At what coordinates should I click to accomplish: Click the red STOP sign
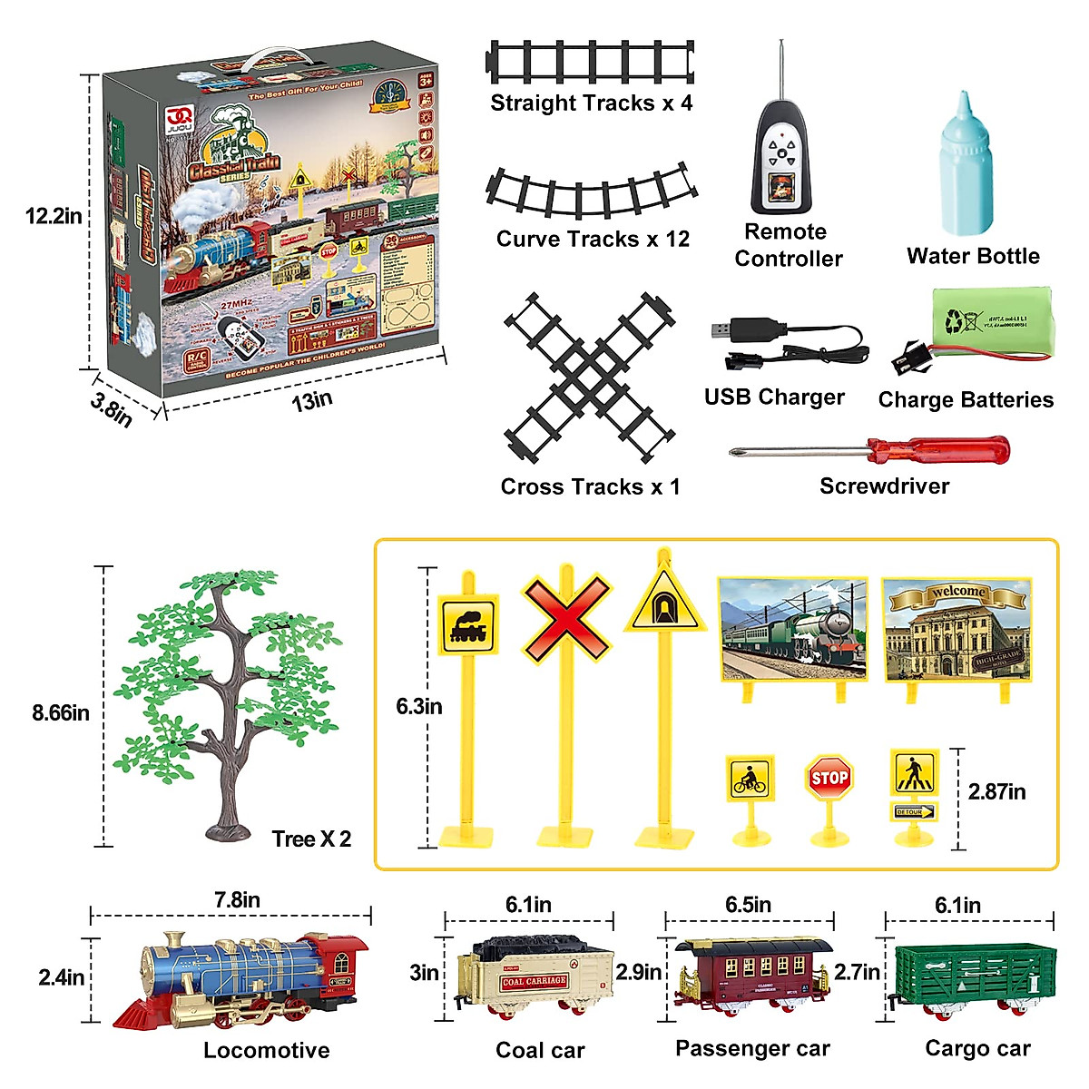tap(829, 779)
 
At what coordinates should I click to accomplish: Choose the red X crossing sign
tap(565, 616)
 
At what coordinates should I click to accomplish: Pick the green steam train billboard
tap(792, 629)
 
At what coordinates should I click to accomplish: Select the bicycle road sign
tap(750, 779)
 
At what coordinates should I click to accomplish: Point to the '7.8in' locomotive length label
tap(237, 899)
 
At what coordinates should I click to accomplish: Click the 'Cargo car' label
tap(977, 1048)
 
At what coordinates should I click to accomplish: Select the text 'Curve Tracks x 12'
tap(593, 239)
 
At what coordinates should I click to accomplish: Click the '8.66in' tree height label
tap(61, 713)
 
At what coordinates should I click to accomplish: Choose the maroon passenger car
tap(753, 976)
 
